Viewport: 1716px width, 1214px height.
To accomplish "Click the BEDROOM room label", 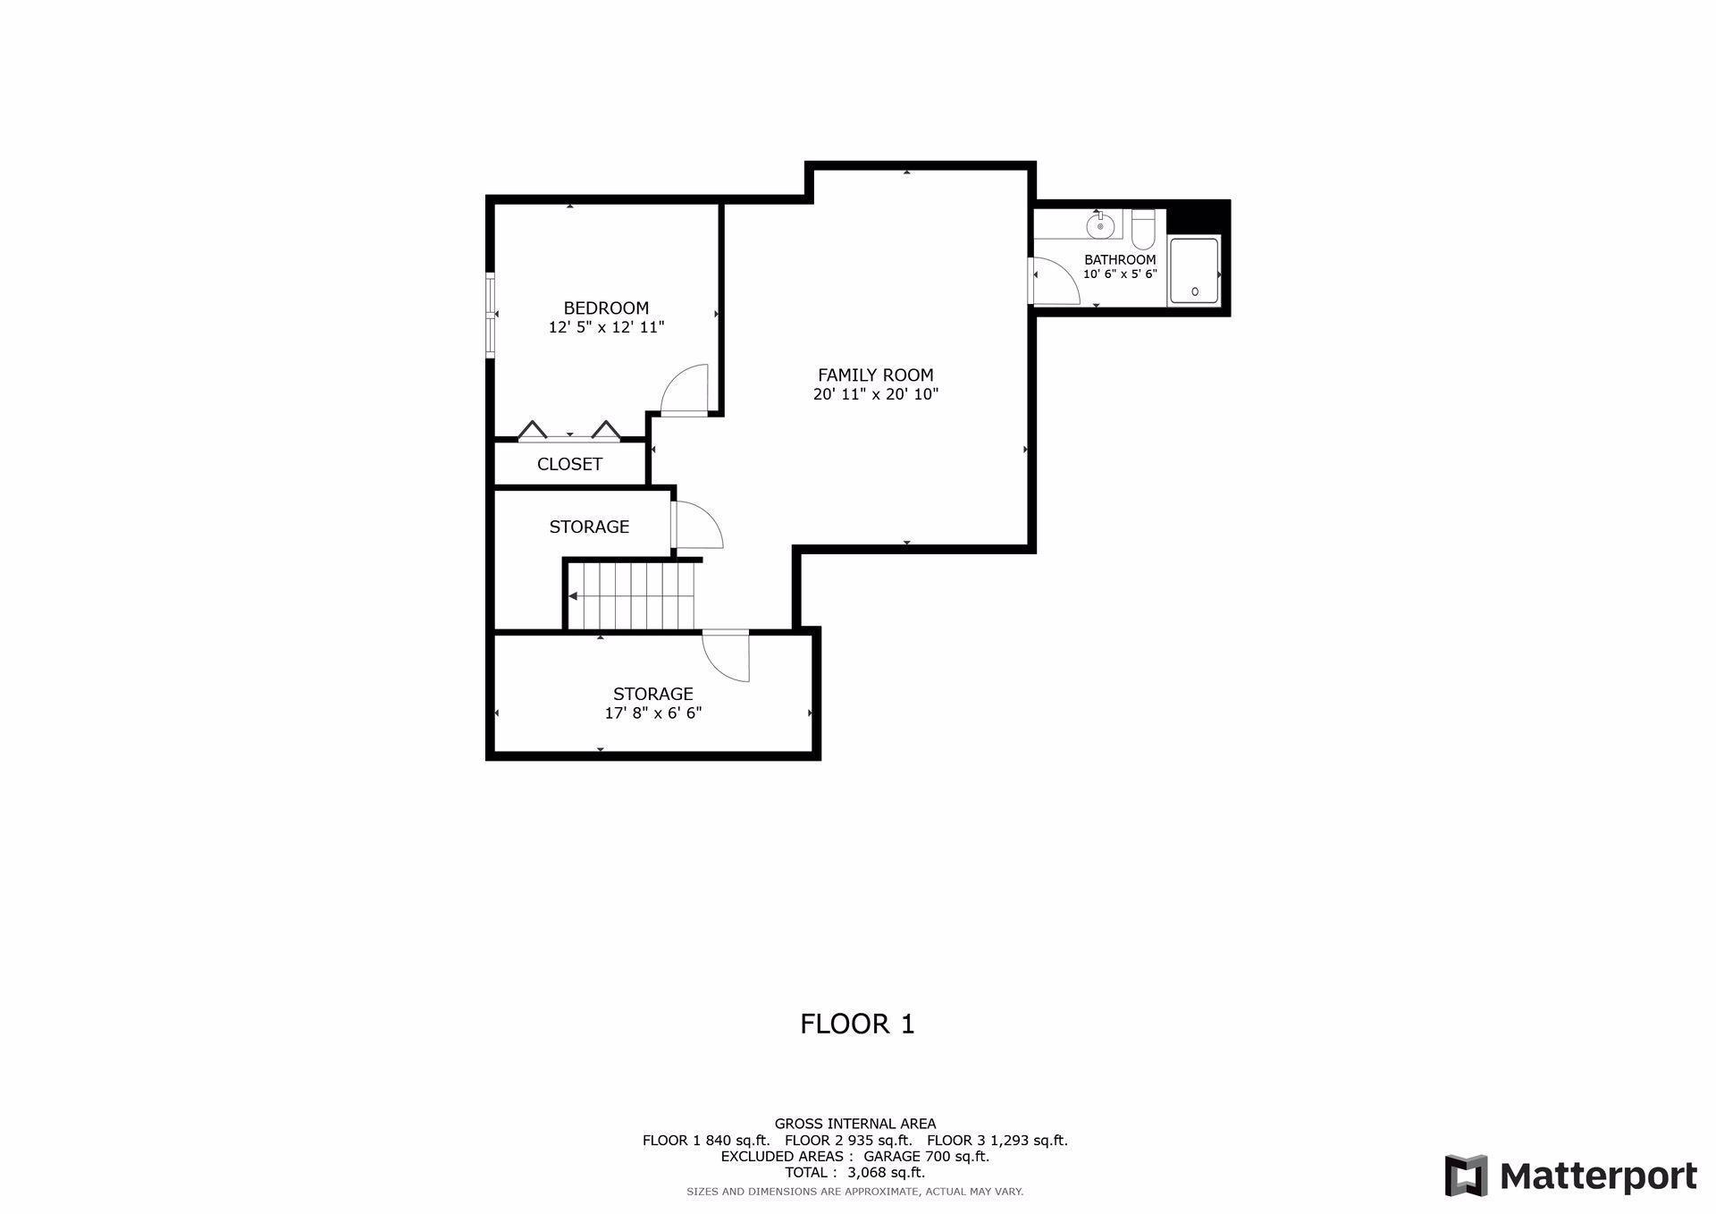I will [606, 308].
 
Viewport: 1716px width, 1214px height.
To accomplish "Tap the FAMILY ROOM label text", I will [875, 375].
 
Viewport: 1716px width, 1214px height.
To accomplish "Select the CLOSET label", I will [569, 464].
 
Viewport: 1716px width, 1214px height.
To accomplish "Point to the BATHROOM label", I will [1120, 260].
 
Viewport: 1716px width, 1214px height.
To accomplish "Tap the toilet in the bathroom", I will [1143, 230].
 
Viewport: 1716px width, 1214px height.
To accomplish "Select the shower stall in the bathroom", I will [1194, 269].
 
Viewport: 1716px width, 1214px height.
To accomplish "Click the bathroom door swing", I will [1055, 281].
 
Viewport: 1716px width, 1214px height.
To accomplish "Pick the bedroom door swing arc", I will [685, 390].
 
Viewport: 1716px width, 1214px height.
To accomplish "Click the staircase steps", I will [632, 595].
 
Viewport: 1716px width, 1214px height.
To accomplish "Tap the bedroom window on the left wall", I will [490, 315].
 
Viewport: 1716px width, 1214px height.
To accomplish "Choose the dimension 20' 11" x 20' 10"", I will [875, 394].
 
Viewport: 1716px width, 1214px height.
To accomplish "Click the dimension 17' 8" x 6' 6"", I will [652, 713].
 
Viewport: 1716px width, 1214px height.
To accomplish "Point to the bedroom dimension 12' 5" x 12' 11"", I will [606, 328].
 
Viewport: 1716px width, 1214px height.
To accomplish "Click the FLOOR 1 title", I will [857, 1024].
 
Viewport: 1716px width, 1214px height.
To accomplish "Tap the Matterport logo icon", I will [1466, 1176].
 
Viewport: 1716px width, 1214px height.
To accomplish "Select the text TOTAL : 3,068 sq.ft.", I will [854, 1172].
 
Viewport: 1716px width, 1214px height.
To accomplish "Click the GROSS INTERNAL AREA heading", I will [854, 1124].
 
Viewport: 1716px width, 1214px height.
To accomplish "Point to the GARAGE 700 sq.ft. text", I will [926, 1156].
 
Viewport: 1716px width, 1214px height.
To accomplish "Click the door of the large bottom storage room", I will [726, 655].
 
